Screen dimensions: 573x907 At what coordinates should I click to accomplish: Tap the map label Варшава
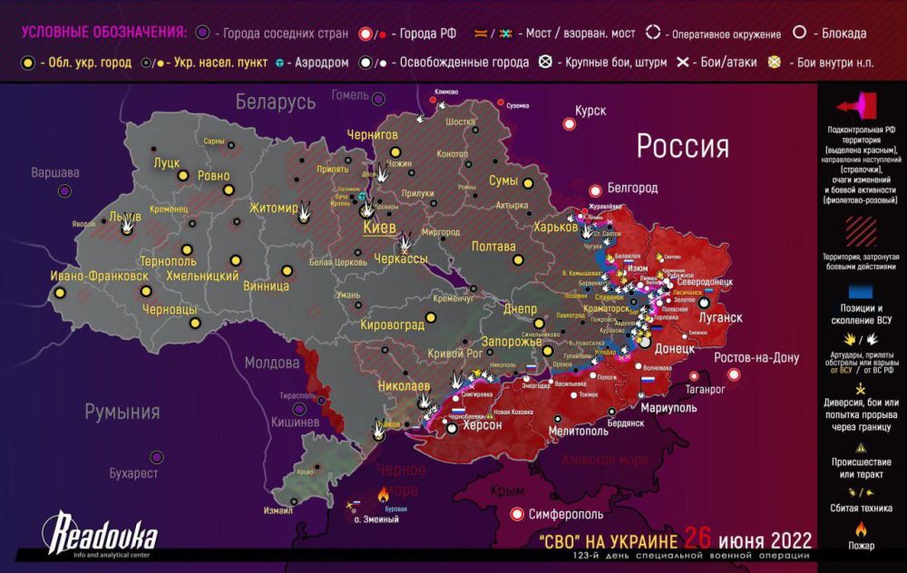pos(55,172)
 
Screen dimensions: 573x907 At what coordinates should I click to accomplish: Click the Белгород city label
pos(632,189)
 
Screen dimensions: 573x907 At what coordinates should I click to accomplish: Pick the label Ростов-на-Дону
pos(756,358)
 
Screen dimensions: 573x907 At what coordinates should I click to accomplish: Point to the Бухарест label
pos(133,473)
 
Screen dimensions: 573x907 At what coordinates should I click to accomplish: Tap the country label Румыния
pos(122,413)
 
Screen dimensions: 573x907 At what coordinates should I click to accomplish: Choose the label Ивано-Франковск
pos(99,275)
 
